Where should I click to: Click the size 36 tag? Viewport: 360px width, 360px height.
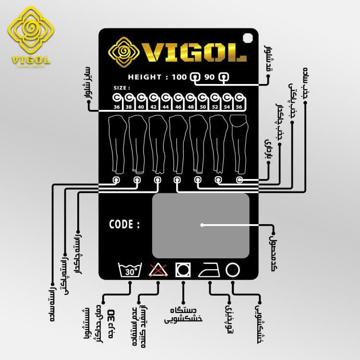click(x=117, y=103)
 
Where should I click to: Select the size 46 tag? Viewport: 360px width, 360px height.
click(x=179, y=103)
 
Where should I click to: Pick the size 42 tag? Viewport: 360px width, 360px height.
click(x=154, y=103)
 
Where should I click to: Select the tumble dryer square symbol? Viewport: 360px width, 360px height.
click(x=183, y=270)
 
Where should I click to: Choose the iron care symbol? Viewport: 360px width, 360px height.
click(x=210, y=270)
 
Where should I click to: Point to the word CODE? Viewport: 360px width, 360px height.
click(x=124, y=224)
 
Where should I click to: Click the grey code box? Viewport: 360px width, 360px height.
click(x=201, y=226)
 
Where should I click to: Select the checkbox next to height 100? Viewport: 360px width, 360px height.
click(x=195, y=77)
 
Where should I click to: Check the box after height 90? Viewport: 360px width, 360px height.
click(x=223, y=77)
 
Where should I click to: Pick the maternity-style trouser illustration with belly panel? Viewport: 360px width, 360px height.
click(x=239, y=144)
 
